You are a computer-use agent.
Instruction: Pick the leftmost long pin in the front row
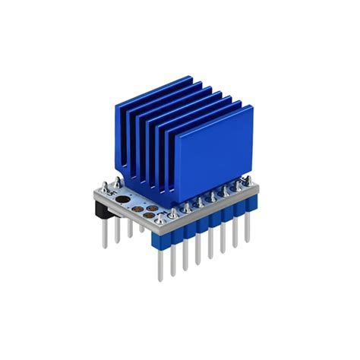click(x=160, y=258)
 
